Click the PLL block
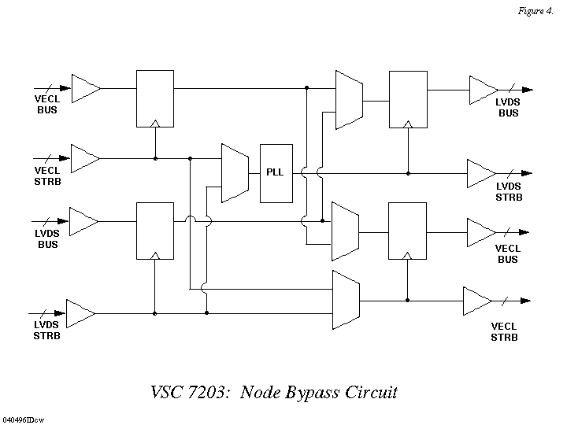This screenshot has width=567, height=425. [276, 173]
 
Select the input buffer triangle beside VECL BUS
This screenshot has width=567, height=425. [85, 88]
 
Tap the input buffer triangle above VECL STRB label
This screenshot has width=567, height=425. [84, 157]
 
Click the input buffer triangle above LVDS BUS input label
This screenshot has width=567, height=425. [83, 221]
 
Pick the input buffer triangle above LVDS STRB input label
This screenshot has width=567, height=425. [80, 312]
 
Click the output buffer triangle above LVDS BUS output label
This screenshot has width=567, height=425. [482, 89]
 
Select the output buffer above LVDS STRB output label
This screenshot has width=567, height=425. [480, 172]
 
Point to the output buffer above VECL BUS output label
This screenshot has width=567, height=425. [480, 232]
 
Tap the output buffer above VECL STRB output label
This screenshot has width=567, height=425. [477, 300]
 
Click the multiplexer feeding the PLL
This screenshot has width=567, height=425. [235, 172]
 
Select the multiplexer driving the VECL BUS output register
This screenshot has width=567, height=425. [345, 231]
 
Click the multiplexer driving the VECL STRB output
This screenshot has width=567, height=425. [345, 300]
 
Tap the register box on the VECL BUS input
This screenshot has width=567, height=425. [155, 98]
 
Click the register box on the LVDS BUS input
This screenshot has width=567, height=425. [155, 231]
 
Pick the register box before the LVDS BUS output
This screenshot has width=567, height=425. [408, 98]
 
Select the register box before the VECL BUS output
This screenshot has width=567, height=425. [408, 231]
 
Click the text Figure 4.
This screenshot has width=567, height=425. [535, 11]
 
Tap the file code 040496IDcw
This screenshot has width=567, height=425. [23, 419]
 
